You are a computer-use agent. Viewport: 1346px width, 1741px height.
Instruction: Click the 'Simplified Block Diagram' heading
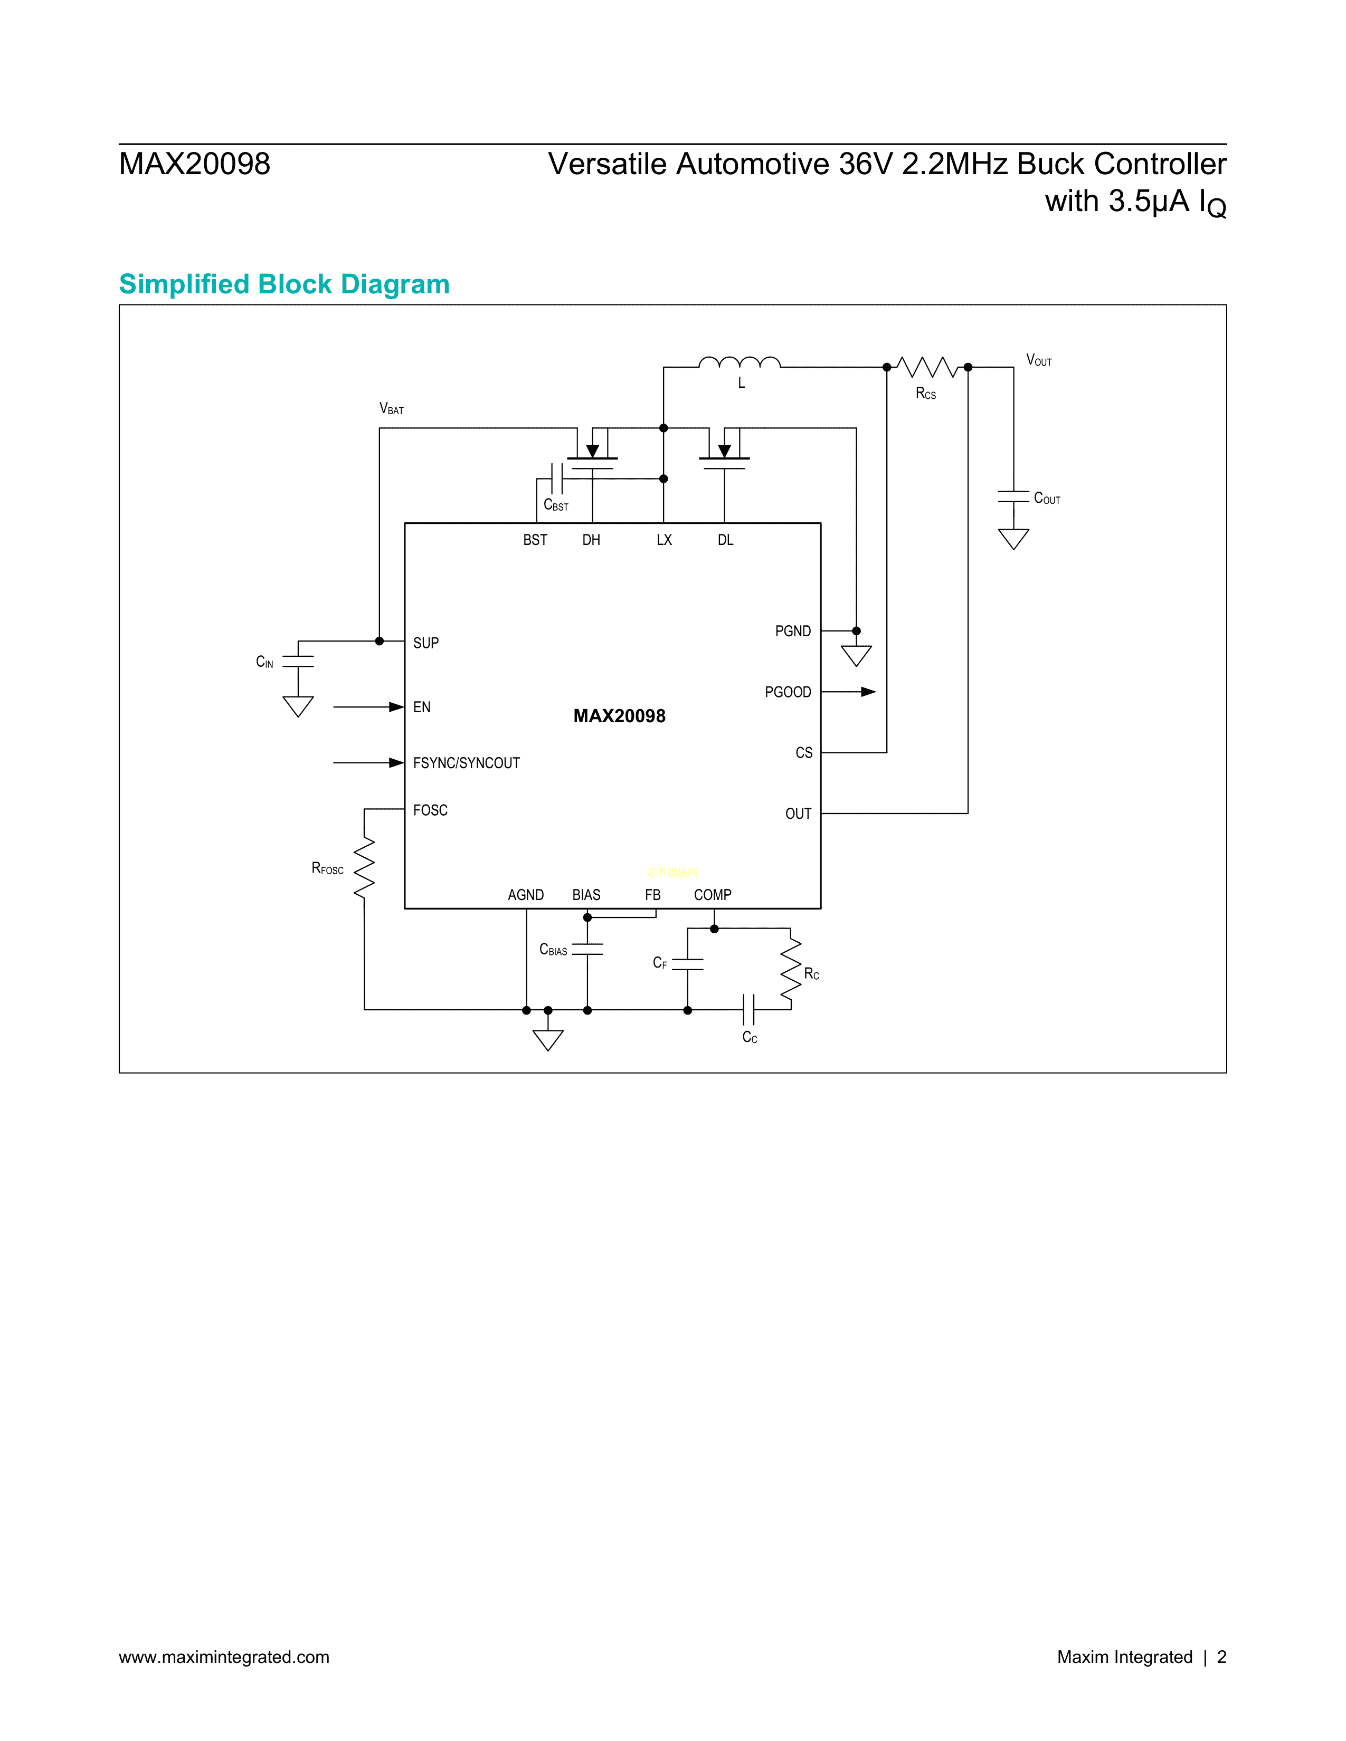click(284, 284)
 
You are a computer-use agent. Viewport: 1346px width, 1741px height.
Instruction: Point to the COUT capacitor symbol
click(1013, 496)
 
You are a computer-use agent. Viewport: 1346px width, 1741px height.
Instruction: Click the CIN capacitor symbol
click(298, 662)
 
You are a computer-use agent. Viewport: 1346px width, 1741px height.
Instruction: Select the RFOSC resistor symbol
click(364, 867)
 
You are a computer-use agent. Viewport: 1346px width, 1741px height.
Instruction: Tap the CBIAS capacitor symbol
click(587, 949)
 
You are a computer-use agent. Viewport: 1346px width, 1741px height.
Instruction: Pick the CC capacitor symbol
click(748, 1010)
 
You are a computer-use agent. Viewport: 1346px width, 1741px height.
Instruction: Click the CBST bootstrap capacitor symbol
click(556, 479)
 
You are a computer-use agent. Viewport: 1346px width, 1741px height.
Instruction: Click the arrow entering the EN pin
click(395, 707)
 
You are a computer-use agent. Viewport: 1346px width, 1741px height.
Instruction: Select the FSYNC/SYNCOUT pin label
click(467, 763)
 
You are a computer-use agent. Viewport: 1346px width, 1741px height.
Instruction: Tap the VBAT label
click(392, 409)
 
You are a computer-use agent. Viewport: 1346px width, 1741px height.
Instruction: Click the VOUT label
click(1038, 360)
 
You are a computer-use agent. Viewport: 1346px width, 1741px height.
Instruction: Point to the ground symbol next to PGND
click(856, 655)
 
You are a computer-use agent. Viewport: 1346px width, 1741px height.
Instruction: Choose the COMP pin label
click(712, 894)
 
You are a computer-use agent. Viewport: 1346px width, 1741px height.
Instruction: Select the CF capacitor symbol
click(687, 964)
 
